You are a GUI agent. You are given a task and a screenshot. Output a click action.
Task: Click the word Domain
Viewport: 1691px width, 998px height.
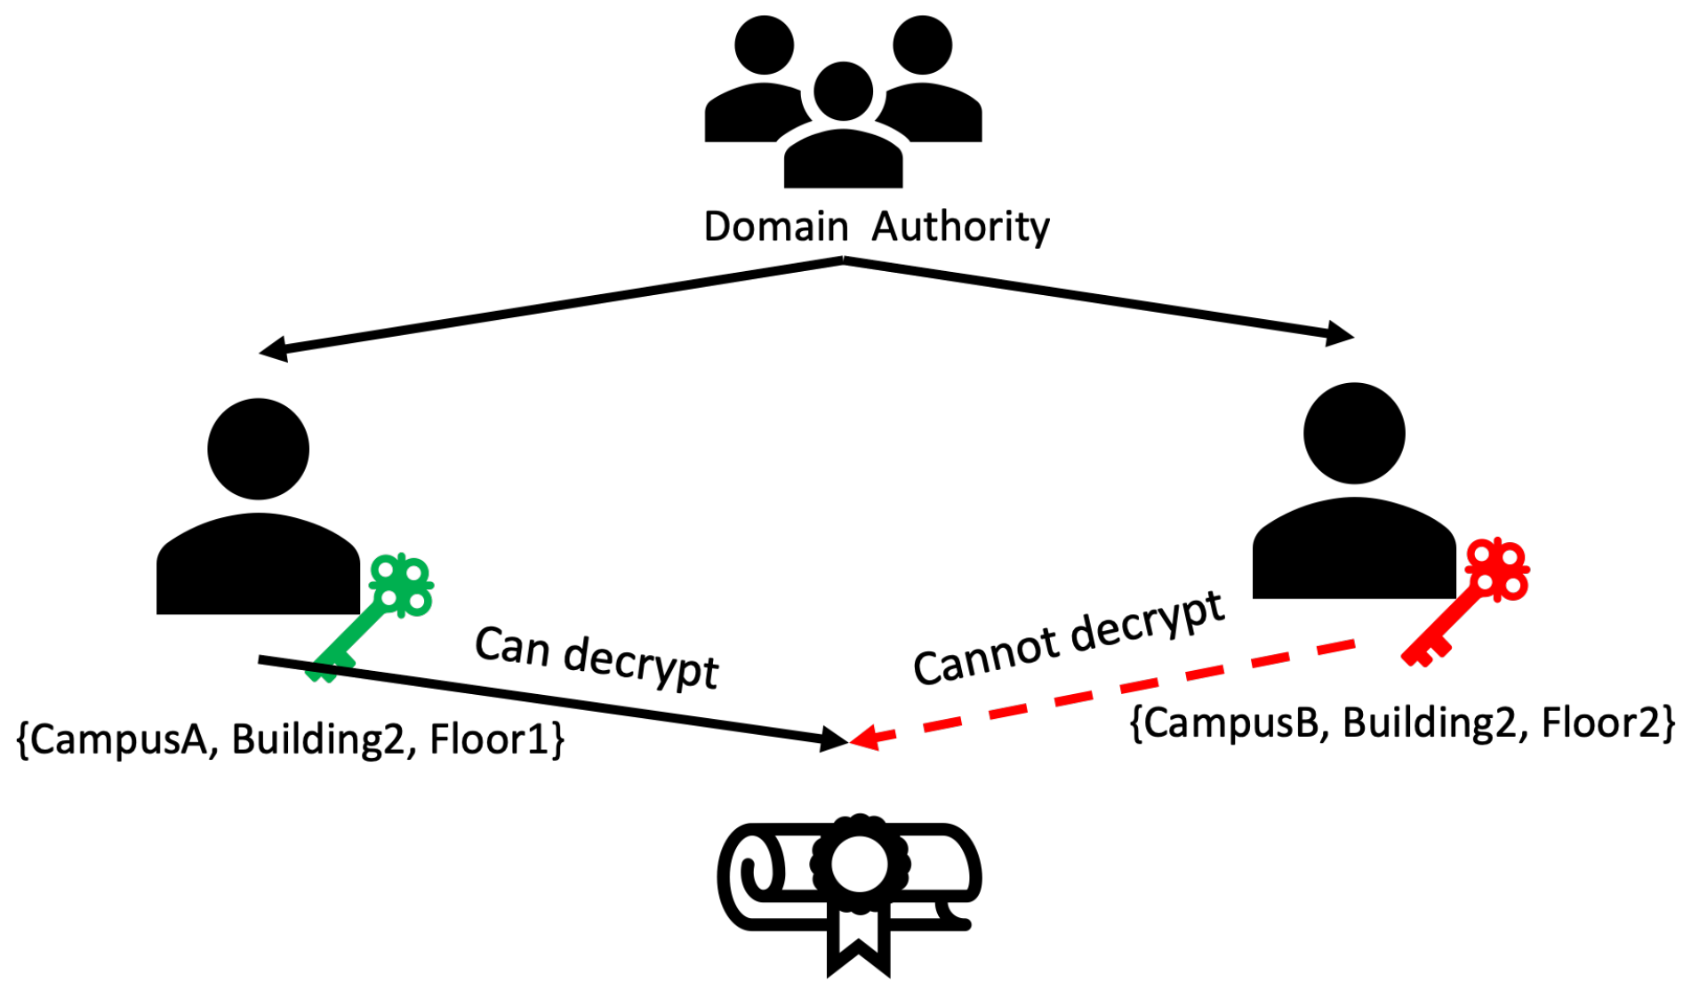click(775, 227)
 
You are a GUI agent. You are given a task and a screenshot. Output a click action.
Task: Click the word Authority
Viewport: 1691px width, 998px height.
click(960, 228)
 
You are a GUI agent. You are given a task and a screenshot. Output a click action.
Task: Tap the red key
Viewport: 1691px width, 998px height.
click(1467, 601)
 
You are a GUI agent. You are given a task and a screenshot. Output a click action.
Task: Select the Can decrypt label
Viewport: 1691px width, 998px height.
click(596, 659)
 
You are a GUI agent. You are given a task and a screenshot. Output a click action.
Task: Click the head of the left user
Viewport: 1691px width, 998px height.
click(258, 449)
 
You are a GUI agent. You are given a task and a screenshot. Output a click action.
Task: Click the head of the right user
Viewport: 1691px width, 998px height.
click(1353, 433)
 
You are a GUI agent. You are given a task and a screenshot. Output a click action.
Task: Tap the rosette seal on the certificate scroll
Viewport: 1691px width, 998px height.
click(859, 863)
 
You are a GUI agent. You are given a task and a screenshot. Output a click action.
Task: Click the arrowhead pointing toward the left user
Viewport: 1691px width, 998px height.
click(272, 349)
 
